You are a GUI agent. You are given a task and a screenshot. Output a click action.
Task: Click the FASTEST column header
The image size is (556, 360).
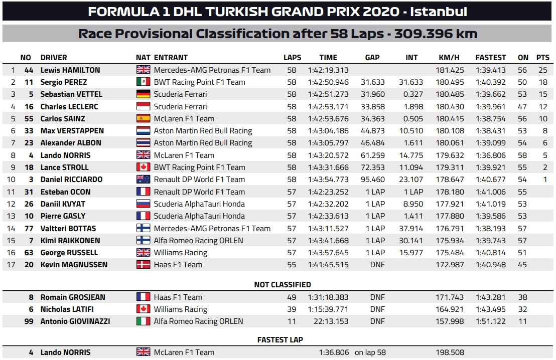click(x=490, y=58)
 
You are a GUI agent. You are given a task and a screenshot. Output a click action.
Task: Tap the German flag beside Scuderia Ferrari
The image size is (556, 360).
click(x=143, y=94)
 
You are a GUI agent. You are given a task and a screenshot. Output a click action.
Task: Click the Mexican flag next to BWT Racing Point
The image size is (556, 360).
click(x=143, y=82)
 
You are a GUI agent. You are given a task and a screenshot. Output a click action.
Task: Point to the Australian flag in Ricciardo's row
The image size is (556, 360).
click(x=143, y=179)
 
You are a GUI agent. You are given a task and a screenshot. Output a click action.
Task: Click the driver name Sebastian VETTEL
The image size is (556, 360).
click(x=71, y=94)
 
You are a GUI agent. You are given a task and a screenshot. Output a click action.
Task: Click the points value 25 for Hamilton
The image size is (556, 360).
click(x=542, y=70)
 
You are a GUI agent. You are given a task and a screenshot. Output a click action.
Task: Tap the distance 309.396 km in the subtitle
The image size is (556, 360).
click(x=435, y=34)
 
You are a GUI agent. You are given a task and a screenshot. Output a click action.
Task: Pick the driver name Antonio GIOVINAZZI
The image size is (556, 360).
click(x=75, y=321)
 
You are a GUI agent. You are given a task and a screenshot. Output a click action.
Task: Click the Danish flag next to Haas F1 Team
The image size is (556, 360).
click(x=143, y=265)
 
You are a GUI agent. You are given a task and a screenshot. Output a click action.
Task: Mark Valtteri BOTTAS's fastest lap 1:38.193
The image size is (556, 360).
click(x=490, y=228)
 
